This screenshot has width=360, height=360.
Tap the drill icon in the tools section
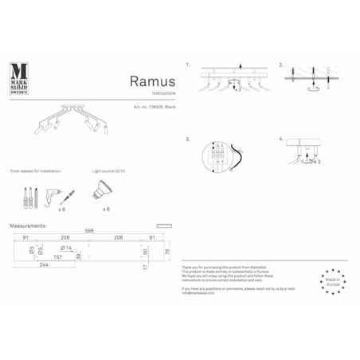point(58,191)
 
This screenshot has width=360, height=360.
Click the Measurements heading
point(28,225)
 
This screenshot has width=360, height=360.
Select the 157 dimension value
point(57,257)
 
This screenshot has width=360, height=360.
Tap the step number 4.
point(281,139)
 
